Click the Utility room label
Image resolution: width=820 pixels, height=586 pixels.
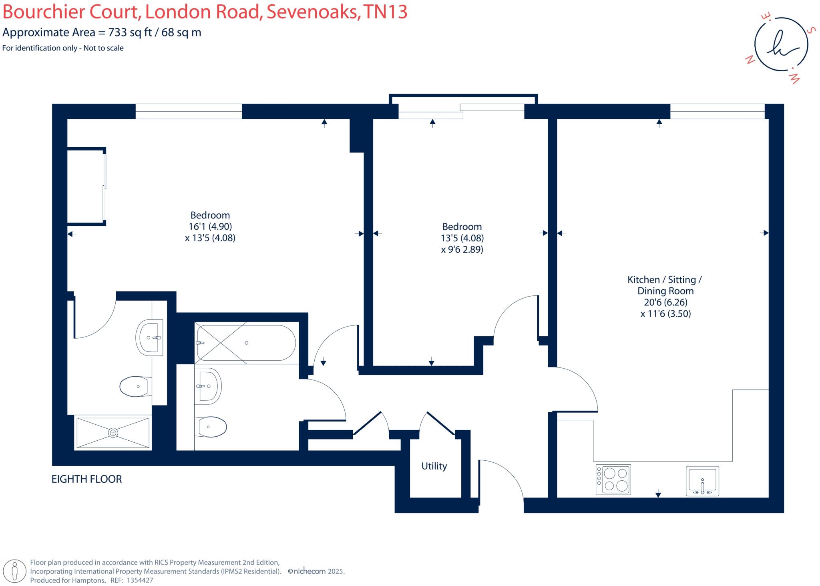[434, 466]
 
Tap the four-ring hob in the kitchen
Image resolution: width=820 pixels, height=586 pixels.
[613, 480]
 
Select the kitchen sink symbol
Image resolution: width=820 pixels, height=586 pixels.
[702, 481]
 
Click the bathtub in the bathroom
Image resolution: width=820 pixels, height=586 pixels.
[246, 343]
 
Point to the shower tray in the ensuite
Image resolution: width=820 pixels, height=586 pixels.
[113, 433]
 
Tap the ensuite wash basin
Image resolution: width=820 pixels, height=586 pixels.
[150, 338]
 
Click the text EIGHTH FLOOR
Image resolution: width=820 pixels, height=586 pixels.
[86, 479]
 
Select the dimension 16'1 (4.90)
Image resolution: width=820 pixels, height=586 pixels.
[210, 227]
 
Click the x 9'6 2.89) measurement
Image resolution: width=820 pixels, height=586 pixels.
[462, 249]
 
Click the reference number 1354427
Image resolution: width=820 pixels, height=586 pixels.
[140, 580]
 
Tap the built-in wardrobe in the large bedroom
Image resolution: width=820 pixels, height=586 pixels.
[86, 187]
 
